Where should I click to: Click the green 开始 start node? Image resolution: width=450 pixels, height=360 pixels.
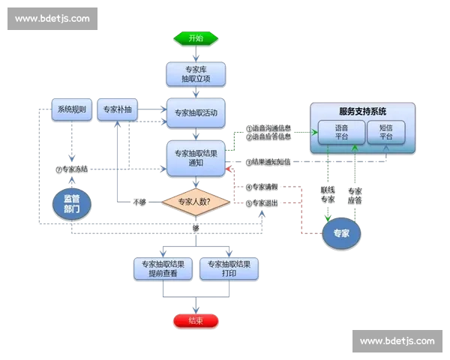pos(195,37)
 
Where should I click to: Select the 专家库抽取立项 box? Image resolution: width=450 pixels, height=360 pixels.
pos(195,73)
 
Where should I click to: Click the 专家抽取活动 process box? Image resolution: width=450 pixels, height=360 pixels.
pos(195,113)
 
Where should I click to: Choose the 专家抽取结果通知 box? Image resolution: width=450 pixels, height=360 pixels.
pos(195,158)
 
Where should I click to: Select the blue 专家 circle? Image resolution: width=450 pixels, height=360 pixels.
pos(341,233)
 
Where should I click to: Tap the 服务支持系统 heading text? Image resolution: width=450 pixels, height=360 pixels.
pos(362,111)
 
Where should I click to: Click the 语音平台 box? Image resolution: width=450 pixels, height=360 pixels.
pos(341,132)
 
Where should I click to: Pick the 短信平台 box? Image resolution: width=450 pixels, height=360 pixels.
pos(386,132)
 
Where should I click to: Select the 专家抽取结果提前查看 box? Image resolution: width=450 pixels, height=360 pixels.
pos(164,268)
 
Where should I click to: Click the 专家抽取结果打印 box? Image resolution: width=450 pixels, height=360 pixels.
pos(229,268)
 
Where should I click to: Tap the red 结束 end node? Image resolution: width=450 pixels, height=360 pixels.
pos(195,321)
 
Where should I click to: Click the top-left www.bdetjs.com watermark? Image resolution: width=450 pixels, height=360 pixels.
pos(52,18)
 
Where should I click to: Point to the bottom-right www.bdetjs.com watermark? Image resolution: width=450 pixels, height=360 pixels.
pos(397,341)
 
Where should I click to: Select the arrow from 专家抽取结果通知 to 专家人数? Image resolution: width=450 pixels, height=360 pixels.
pos(195,183)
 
